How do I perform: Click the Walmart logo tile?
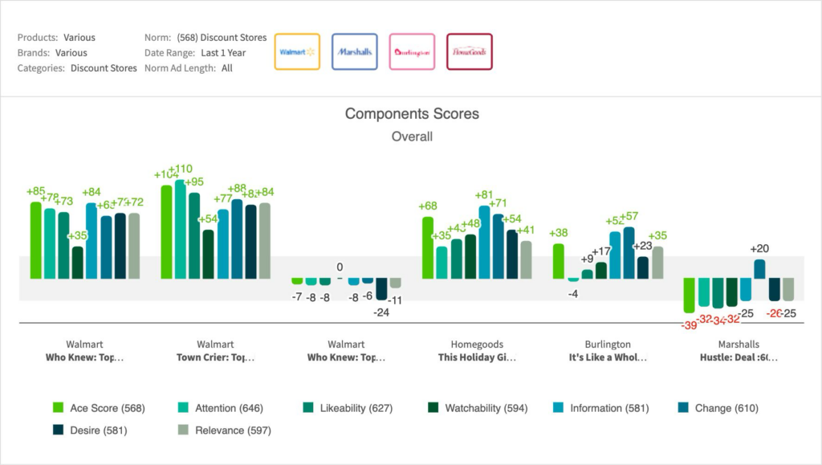point(297,52)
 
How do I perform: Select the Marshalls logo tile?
point(354,52)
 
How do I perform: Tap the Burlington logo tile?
point(412,52)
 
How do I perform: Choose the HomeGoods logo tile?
point(469,52)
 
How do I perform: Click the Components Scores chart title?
point(412,114)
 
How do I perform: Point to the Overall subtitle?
point(412,137)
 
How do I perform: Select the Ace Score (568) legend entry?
point(99,409)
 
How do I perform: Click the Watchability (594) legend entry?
point(475,409)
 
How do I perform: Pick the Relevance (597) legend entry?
point(224,430)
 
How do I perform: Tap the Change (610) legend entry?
point(718,409)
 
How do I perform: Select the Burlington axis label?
point(608,345)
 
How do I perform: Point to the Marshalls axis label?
point(739,345)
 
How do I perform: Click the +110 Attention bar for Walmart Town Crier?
point(181,229)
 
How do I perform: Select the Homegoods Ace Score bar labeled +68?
point(428,247)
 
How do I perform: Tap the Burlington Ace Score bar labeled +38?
point(559,261)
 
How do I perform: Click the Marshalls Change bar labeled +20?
point(759,269)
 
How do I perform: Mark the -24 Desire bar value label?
point(381,312)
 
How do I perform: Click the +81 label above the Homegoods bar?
point(484,195)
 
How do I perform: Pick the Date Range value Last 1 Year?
point(223,53)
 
